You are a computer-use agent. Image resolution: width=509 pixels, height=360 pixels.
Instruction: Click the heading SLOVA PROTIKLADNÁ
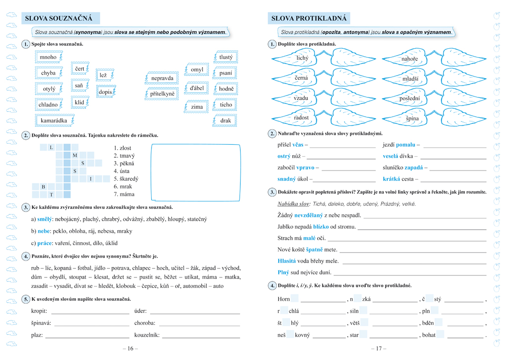point(308,19)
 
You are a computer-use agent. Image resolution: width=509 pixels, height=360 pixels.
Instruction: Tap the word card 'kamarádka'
point(54,121)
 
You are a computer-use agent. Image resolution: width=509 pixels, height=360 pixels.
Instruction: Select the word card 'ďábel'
point(197,89)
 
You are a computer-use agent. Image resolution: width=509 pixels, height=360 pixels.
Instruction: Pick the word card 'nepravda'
point(163,79)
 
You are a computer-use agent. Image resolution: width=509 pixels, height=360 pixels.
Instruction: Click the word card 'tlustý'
point(226,57)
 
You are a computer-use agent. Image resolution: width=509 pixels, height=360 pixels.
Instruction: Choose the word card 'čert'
point(80,69)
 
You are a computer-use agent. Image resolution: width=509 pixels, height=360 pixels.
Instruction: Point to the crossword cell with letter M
point(75,156)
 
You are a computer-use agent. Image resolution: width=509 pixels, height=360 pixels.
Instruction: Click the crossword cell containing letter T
point(51,194)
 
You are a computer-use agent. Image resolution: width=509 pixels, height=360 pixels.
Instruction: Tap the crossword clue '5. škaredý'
point(126,179)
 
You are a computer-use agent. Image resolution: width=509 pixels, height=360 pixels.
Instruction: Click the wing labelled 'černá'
point(301,78)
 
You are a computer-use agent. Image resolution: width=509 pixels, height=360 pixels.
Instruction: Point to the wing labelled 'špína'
point(412,118)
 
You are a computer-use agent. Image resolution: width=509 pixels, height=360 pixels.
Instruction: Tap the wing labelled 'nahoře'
point(410,59)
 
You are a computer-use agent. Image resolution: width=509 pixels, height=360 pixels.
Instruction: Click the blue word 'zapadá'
point(413,168)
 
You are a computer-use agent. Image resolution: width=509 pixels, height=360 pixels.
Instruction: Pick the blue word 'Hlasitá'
point(286,261)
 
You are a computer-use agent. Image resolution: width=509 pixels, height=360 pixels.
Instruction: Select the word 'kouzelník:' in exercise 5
point(147,335)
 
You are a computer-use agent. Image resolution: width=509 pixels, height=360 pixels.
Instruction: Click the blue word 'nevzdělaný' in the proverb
point(309,215)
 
